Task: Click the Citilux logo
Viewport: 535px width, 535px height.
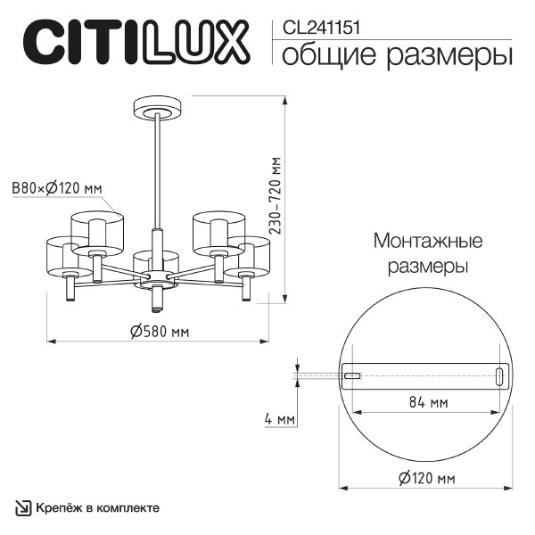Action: click(x=135, y=42)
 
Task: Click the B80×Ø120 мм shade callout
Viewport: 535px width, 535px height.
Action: click(x=55, y=187)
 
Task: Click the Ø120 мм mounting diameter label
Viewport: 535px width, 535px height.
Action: click(x=424, y=478)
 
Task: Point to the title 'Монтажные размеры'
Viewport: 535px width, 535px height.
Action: click(x=428, y=254)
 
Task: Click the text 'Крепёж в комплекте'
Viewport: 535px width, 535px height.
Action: click(x=99, y=508)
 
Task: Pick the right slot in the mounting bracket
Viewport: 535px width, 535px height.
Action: click(x=498, y=375)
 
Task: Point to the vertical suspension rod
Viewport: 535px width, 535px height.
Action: click(x=157, y=169)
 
